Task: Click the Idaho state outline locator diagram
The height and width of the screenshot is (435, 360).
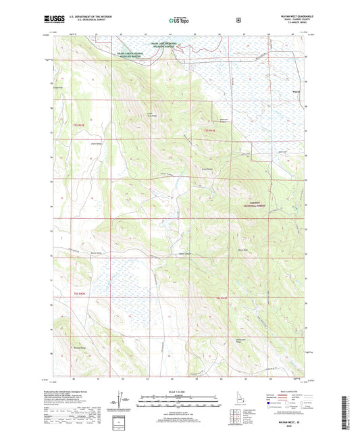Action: (x=234, y=410)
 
